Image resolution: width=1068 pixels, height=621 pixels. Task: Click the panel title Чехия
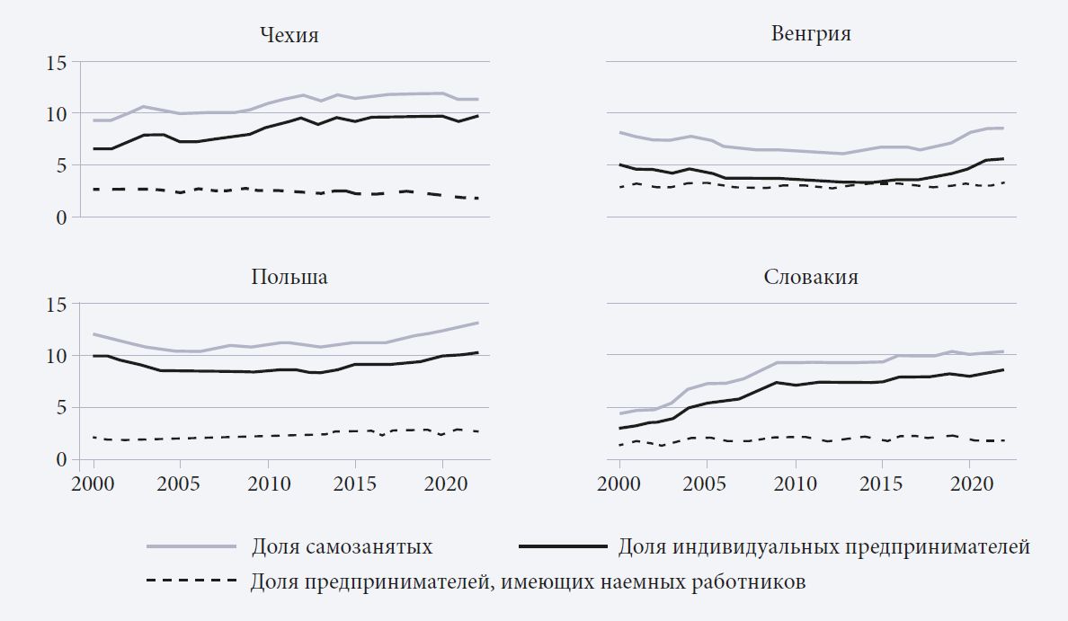coord(289,36)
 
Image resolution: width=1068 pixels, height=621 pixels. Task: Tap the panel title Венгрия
coord(811,35)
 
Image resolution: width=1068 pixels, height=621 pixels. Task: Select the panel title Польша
coord(289,277)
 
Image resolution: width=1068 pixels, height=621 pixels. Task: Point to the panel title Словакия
coord(811,277)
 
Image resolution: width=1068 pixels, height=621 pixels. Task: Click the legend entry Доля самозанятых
coord(343,546)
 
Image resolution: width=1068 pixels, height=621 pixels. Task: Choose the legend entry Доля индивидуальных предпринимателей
coord(823,546)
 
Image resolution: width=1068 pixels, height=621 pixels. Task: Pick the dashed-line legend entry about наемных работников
coord(529,581)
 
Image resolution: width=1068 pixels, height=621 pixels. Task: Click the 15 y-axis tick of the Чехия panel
coord(58,63)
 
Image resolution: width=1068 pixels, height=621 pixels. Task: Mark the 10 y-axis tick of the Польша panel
coord(58,357)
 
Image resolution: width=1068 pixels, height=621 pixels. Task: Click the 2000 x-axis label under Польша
coord(93,483)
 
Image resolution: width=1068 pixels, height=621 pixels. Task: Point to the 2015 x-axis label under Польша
coord(355,483)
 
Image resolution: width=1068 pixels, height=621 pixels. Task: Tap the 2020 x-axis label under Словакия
coord(970,483)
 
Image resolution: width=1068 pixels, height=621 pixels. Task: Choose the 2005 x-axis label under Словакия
coord(707,483)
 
